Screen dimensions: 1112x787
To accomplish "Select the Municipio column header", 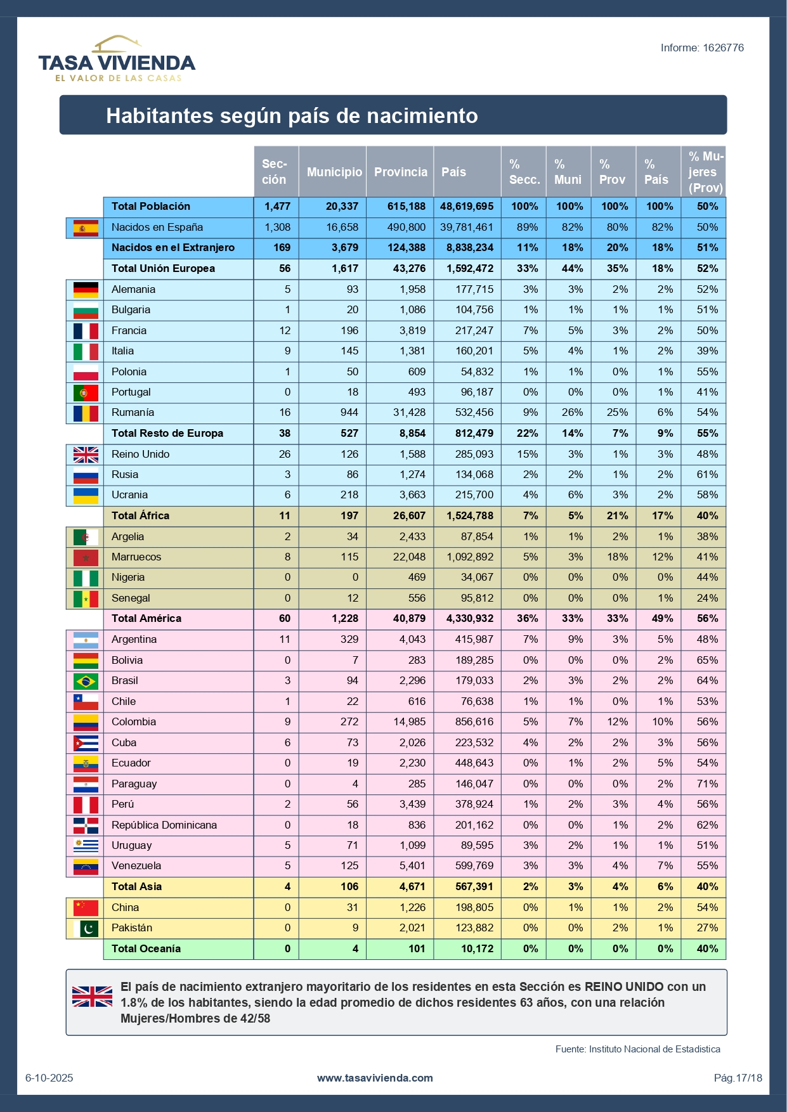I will click(334, 172).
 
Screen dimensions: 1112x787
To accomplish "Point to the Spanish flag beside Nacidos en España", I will click(86, 228).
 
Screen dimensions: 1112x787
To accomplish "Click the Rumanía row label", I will click(133, 412).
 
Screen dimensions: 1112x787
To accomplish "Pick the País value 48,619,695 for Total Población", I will click(467, 206).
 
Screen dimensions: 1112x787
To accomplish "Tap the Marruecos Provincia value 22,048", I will click(408, 557).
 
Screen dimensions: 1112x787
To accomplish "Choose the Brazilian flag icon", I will click(86, 681).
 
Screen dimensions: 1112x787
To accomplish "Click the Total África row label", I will click(140, 515).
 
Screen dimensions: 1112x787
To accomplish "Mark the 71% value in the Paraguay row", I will click(707, 784).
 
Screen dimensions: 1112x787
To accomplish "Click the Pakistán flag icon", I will click(86, 928).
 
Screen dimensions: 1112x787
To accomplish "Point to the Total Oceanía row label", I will click(146, 948).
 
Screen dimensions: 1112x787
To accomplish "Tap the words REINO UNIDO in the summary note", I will click(624, 986).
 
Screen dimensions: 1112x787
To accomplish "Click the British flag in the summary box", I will click(92, 996).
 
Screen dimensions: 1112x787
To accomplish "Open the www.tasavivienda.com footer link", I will click(375, 1078).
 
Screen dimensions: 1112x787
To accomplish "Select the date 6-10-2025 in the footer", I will click(49, 1078).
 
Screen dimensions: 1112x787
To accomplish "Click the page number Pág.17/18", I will click(738, 1078).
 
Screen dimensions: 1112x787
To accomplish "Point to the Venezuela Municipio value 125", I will click(349, 865).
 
